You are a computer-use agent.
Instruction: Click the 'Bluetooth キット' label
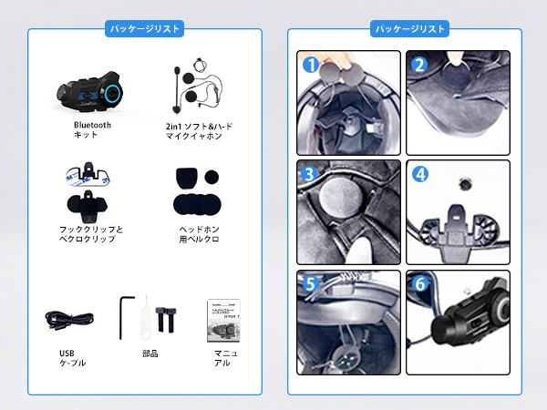[92, 129]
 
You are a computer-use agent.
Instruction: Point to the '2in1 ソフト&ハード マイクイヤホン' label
[193, 129]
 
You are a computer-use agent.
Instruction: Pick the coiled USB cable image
[71, 319]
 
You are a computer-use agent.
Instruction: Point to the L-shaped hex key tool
[127, 316]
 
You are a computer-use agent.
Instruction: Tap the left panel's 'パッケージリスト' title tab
[145, 29]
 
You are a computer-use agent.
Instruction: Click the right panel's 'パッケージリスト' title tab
[409, 29]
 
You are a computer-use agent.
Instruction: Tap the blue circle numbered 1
[311, 66]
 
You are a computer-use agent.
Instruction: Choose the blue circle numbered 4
[419, 173]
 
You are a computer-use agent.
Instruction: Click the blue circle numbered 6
[419, 282]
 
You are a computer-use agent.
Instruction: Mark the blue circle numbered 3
[311, 173]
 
